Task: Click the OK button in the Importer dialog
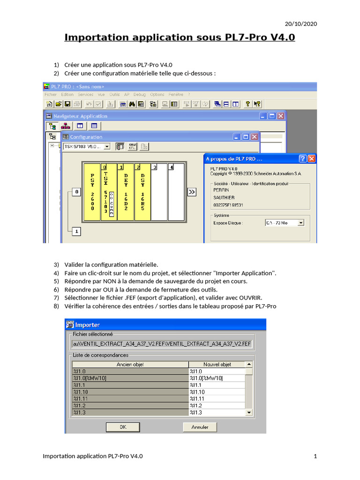[x=123, y=427]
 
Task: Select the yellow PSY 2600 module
[x=92, y=192]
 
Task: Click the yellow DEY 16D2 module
[x=125, y=192]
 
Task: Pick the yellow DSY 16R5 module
[x=142, y=192]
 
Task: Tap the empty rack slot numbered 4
[x=176, y=192]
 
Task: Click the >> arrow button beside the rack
[x=191, y=192]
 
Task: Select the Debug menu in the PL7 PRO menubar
[x=140, y=94]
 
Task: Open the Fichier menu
[x=50, y=94]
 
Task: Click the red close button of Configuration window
[x=254, y=137]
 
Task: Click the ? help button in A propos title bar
[x=303, y=158]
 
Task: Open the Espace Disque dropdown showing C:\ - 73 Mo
[x=300, y=223]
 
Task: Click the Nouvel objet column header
[x=217, y=364]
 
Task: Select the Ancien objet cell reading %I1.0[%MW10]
[x=130, y=378]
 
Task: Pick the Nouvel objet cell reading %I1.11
[x=217, y=398]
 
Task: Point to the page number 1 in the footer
[x=315, y=456]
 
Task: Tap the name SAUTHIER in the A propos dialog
[x=224, y=198]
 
